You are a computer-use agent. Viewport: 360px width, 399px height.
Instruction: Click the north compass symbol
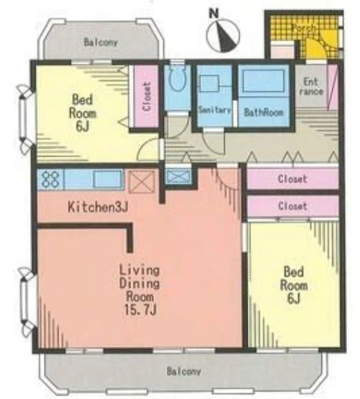(223, 36)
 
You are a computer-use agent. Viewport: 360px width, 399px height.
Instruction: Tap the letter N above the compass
(214, 14)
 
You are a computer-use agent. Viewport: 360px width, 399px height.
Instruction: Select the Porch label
(303, 28)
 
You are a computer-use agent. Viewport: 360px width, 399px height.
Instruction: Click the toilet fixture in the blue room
(177, 80)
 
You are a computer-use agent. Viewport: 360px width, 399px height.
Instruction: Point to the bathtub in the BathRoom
(263, 80)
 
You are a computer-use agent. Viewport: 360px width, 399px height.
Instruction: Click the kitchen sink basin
(108, 179)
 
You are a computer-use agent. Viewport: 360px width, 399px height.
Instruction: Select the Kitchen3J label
(98, 207)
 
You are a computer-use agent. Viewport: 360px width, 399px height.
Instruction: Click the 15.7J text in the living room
(140, 310)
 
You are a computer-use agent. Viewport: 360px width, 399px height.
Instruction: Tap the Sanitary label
(214, 110)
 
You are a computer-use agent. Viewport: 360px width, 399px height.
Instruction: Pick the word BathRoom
(263, 112)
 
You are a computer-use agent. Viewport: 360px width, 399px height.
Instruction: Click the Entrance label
(311, 87)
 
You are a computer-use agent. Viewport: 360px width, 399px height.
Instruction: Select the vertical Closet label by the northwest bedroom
(147, 97)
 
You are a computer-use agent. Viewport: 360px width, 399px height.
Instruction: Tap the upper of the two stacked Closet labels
(293, 179)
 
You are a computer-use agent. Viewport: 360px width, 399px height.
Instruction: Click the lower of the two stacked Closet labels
(293, 206)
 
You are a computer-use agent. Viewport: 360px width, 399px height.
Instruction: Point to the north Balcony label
(101, 42)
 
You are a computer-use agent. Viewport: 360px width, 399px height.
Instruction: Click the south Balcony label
(184, 371)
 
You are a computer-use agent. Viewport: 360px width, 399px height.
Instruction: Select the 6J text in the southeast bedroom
(293, 298)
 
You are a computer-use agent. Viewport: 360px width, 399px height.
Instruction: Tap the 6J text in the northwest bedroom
(82, 126)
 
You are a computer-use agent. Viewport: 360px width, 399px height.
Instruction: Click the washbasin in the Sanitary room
(209, 83)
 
